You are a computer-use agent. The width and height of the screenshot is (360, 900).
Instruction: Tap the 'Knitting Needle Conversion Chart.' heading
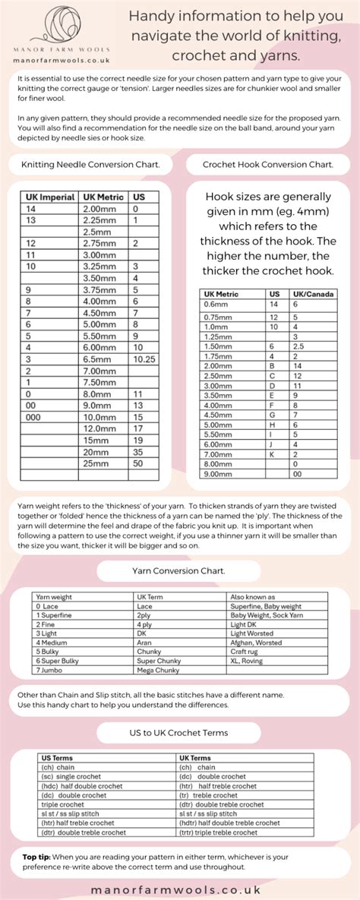pyautogui.click(x=90, y=164)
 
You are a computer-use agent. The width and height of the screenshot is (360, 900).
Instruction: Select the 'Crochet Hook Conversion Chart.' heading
pyautogui.click(x=268, y=164)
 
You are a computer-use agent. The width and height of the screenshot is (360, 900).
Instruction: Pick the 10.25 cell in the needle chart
pyautogui.click(x=144, y=359)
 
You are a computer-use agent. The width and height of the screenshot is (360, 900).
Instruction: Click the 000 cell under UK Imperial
pyautogui.click(x=33, y=417)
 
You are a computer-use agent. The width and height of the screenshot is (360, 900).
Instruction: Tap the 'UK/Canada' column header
pyautogui.click(x=314, y=294)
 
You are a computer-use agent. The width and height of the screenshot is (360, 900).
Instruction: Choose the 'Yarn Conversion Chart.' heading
pyautogui.click(x=179, y=570)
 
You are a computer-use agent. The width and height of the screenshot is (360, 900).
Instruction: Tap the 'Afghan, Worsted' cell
pyautogui.click(x=256, y=642)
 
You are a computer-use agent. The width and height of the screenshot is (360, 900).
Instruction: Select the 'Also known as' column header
pyautogui.click(x=253, y=598)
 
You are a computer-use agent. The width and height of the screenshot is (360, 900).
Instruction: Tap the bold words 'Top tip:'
pyautogui.click(x=37, y=857)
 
